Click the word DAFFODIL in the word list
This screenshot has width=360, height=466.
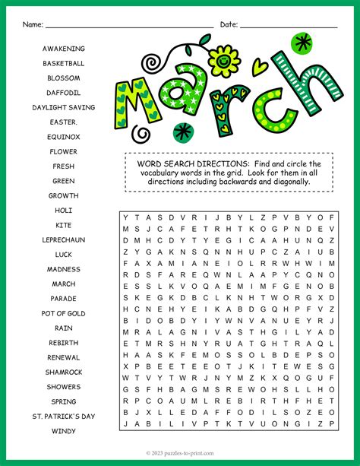(64, 93)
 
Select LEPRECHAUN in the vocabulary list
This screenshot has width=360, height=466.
(64, 239)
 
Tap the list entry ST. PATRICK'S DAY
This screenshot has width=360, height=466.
(64, 417)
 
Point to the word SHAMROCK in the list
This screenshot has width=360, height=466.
(64, 372)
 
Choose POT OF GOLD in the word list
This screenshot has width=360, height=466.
(64, 313)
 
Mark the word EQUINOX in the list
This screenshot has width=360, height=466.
(64, 137)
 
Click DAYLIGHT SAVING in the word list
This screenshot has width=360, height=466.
(64, 107)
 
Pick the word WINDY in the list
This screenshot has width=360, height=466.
(64, 431)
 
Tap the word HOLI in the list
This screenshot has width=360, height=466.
(64, 210)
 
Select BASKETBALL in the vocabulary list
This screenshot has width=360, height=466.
(64, 63)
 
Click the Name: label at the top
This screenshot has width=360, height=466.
(32, 24)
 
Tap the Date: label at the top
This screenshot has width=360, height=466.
(229, 24)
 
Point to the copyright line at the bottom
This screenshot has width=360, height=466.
(180, 452)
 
